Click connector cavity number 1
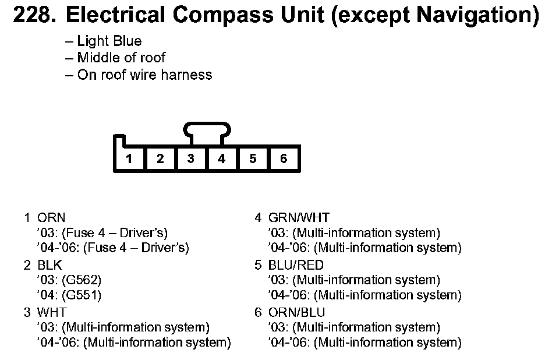(x=129, y=158)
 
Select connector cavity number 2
(x=160, y=158)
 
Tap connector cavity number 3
(x=191, y=158)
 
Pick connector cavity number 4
(x=222, y=158)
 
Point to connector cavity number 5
(x=253, y=158)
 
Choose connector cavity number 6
(x=284, y=158)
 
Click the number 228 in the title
(x=34, y=16)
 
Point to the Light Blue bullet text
(x=109, y=41)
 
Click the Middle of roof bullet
(x=121, y=58)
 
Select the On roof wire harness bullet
(x=144, y=75)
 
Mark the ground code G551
(x=85, y=295)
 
